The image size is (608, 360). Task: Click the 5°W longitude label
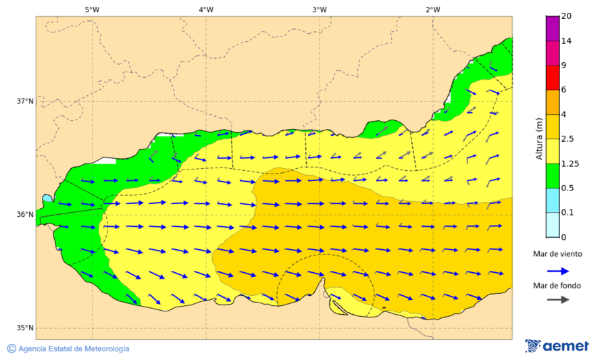(92, 9)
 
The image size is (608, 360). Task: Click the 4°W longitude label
(206, 9)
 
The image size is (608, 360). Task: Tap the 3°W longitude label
(320, 9)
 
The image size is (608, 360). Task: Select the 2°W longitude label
(433, 9)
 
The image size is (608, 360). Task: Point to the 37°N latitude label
(25, 101)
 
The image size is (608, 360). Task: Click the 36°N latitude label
(25, 215)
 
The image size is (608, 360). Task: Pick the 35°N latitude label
(25, 328)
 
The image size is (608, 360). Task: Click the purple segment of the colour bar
(552, 28)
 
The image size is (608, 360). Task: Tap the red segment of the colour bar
(552, 77)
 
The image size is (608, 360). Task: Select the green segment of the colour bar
(552, 176)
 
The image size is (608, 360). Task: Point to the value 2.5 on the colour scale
(568, 139)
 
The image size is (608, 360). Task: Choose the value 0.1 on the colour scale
(567, 213)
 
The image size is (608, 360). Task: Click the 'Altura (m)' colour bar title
(539, 139)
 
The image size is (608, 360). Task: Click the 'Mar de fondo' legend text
(557, 286)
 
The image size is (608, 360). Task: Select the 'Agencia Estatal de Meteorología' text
(74, 349)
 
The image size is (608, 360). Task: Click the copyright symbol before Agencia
(11, 349)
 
